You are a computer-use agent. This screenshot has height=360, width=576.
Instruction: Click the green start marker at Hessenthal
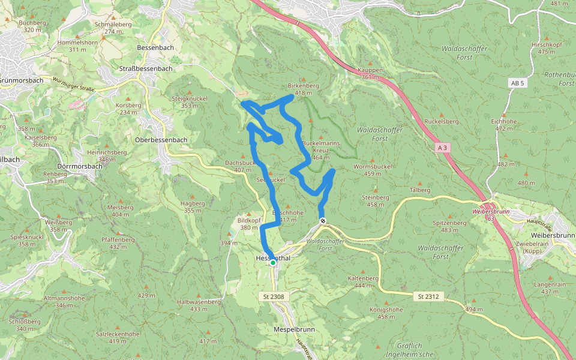coord(273,262)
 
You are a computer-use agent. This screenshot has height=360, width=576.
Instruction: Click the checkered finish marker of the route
coord(323,221)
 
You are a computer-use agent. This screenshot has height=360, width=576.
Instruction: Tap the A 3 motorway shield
coord(443,147)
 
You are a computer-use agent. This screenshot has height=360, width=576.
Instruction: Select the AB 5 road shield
coord(517,83)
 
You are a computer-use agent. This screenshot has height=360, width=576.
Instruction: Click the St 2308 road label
coord(273,296)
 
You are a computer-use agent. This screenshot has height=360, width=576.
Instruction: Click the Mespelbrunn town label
coord(294,330)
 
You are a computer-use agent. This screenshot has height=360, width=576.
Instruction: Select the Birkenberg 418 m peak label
coord(303,89)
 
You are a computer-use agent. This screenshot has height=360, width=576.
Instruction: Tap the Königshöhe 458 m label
coord(386,313)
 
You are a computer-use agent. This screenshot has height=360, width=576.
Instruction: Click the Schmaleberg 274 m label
coord(113,28)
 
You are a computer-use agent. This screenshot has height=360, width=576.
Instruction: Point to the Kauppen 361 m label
coord(370,74)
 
